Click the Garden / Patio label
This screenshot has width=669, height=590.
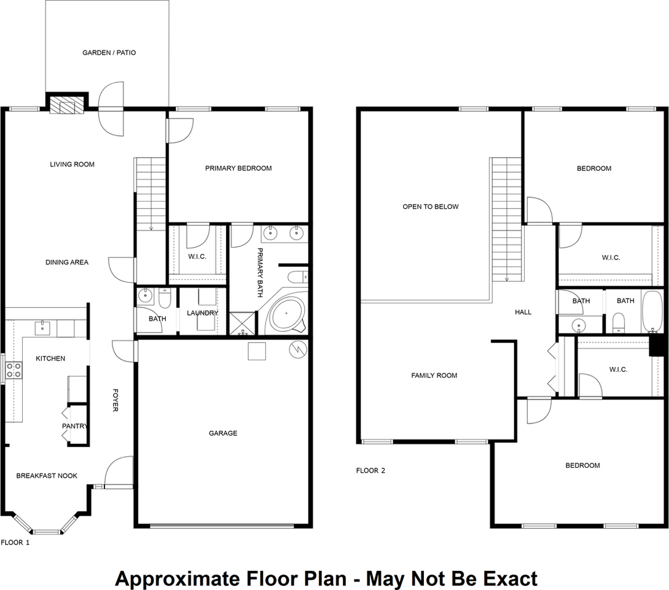[109, 52]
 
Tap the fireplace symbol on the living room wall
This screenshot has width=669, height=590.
[66, 104]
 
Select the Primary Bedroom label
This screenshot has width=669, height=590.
[238, 168]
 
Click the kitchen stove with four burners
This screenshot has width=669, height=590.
[14, 370]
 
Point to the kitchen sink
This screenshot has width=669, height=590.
[42, 328]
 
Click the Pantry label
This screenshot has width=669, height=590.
[75, 426]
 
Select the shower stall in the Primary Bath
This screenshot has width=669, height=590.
[242, 323]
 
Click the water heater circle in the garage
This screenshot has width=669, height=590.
[298, 349]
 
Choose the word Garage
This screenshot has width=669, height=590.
[223, 433]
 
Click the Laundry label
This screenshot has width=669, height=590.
[202, 313]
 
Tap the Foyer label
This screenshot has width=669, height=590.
[115, 400]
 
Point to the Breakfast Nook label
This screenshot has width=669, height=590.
[47, 476]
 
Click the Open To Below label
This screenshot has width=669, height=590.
[431, 206]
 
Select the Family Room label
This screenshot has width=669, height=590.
[434, 376]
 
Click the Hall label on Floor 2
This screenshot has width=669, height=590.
[523, 312]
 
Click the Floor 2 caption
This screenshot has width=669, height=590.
[371, 470]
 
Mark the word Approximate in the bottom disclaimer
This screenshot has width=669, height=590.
[178, 580]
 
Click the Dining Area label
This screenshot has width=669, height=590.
[67, 262]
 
